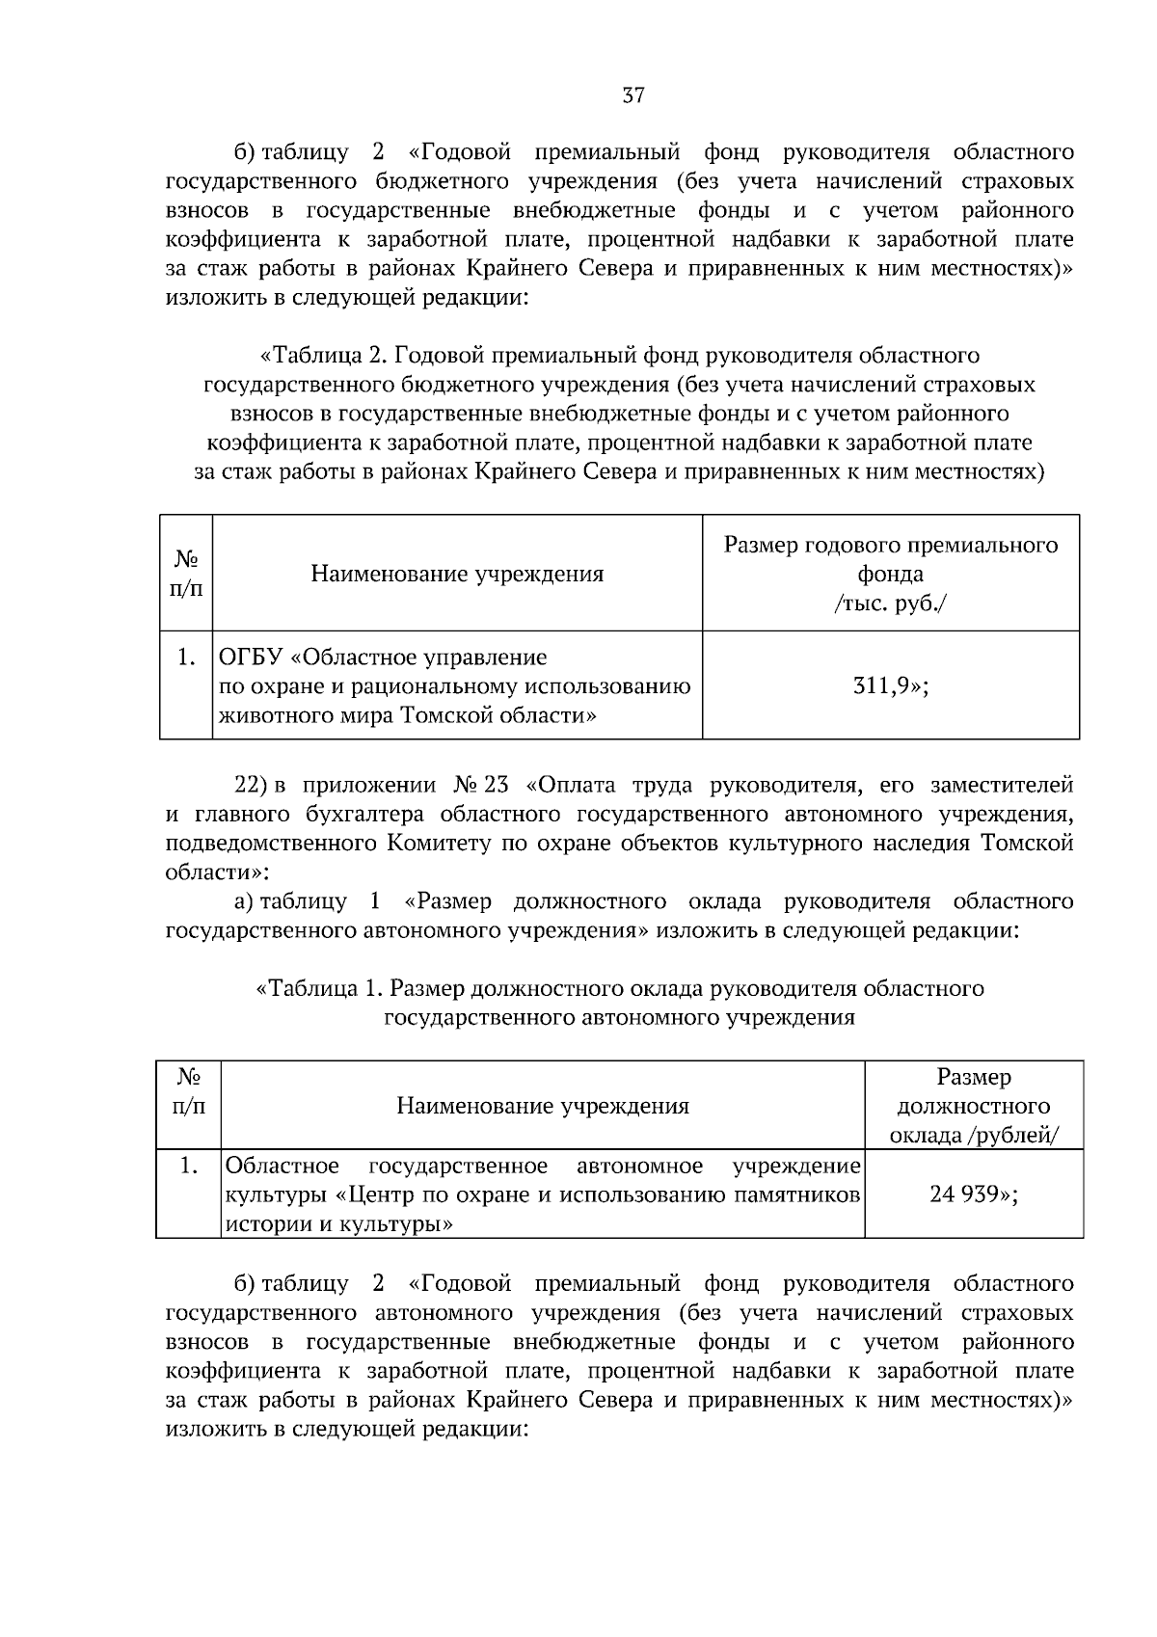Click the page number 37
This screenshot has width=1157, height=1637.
point(632,95)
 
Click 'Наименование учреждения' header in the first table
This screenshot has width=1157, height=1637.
point(457,575)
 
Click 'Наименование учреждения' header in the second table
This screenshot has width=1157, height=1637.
point(543,1106)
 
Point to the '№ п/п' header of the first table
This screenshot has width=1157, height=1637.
point(186,574)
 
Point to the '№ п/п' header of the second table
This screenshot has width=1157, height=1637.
point(188,1091)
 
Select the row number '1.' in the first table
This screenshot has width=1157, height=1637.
point(186,658)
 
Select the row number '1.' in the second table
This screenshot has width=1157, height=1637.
point(188,1167)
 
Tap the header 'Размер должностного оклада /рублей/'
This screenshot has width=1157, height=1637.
point(974,1106)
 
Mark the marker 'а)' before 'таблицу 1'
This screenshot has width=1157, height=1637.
point(244,902)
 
